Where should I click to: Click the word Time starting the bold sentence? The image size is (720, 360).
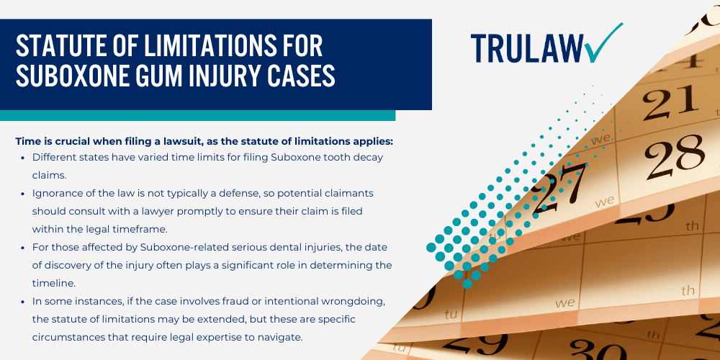27,141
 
